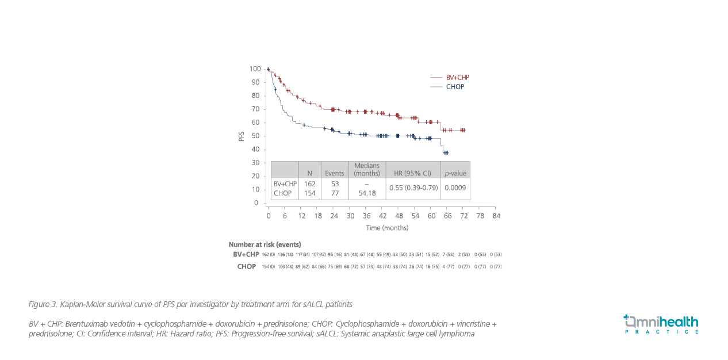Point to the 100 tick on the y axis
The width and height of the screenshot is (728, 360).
[x=254, y=69]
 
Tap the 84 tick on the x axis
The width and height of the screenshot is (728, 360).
[x=496, y=216]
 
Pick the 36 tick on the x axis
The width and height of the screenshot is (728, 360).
[x=366, y=216]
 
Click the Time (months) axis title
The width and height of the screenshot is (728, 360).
[x=387, y=228]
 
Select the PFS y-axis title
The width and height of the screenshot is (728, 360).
[x=242, y=136]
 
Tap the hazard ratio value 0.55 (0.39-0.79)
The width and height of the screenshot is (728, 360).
[x=413, y=187]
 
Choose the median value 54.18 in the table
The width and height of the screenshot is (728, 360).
[x=367, y=193]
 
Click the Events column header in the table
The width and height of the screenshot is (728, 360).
[x=335, y=173]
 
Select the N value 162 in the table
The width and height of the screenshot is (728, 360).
[x=309, y=184]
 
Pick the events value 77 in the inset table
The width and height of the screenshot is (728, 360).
[x=335, y=193]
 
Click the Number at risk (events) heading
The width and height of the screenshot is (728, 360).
[x=265, y=244]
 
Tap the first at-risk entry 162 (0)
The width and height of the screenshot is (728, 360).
[x=269, y=255]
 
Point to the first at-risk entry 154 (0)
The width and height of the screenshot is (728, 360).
[x=269, y=267]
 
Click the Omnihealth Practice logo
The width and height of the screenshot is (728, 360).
[x=661, y=324]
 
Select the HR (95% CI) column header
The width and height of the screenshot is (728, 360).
[x=413, y=173]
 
